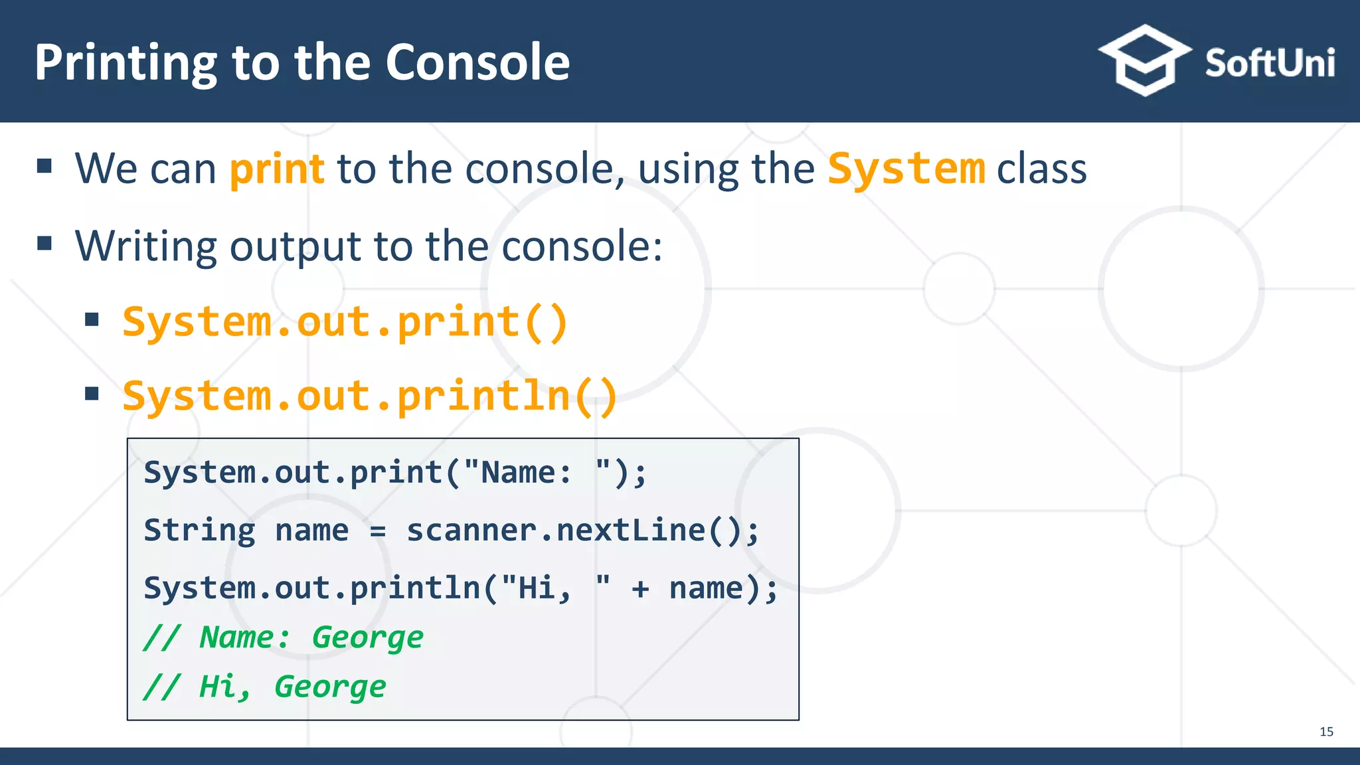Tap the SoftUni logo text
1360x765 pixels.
1269,64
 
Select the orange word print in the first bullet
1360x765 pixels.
277,169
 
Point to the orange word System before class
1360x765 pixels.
906,169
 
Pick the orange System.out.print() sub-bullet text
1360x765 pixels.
345,323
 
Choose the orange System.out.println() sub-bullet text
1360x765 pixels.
370,396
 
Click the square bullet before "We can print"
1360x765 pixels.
44,166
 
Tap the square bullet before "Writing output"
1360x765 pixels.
44,243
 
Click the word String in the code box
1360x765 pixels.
199,531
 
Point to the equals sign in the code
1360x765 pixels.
377,531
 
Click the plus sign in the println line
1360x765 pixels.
640,589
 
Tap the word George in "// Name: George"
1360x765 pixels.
367,638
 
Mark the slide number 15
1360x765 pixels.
1326,732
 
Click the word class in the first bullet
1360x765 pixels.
1041,169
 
